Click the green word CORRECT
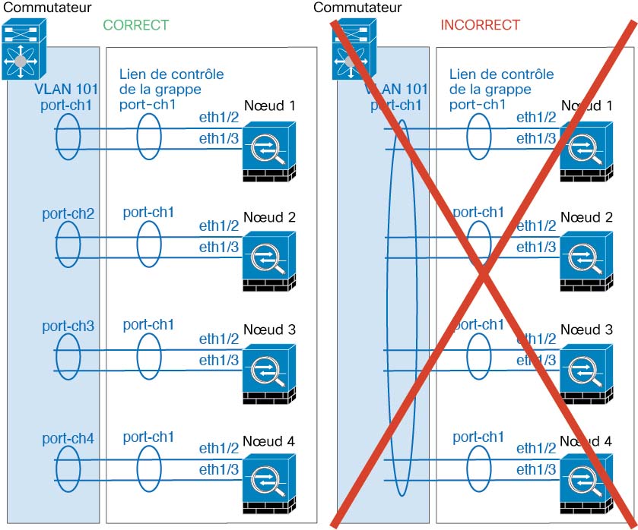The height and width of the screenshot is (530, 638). (x=135, y=25)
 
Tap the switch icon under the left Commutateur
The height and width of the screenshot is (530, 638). (x=24, y=51)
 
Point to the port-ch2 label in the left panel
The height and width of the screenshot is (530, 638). (x=68, y=213)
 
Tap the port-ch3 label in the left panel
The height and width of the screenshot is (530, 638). (x=68, y=326)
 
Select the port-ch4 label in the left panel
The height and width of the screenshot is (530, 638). (x=68, y=438)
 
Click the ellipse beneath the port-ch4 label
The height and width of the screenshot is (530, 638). (x=68, y=468)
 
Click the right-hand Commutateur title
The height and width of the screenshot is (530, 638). (x=357, y=8)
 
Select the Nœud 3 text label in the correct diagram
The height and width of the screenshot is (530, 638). (x=268, y=330)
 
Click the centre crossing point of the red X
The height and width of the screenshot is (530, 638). (x=484, y=274)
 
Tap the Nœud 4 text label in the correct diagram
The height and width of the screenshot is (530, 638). (x=268, y=441)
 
